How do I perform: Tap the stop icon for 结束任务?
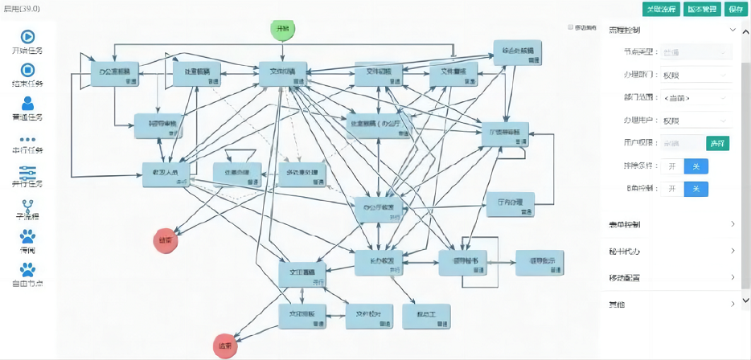27,70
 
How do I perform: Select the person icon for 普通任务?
27,103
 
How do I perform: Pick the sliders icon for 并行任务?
27,171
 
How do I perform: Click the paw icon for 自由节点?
27,270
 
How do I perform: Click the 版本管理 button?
702,9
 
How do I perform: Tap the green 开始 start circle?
283,29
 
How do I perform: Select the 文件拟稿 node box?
283,74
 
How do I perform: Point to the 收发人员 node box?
166,174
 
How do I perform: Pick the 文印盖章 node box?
302,274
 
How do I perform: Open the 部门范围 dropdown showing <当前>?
696,98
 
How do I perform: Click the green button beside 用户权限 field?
717,144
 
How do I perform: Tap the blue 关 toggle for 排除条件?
696,166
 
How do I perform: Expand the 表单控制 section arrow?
733,224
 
